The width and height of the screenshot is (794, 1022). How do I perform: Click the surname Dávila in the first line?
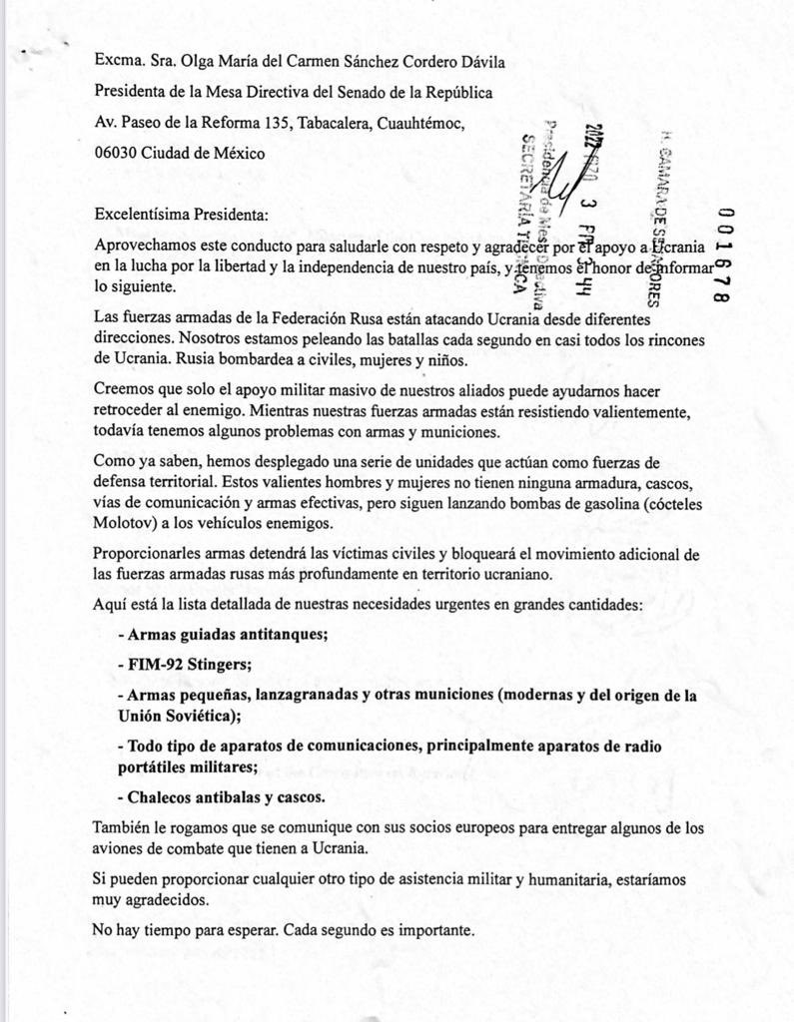(x=474, y=62)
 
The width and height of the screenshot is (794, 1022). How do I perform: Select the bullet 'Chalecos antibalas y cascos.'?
(x=221, y=797)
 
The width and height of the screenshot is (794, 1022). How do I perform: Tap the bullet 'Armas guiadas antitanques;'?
(x=223, y=634)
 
